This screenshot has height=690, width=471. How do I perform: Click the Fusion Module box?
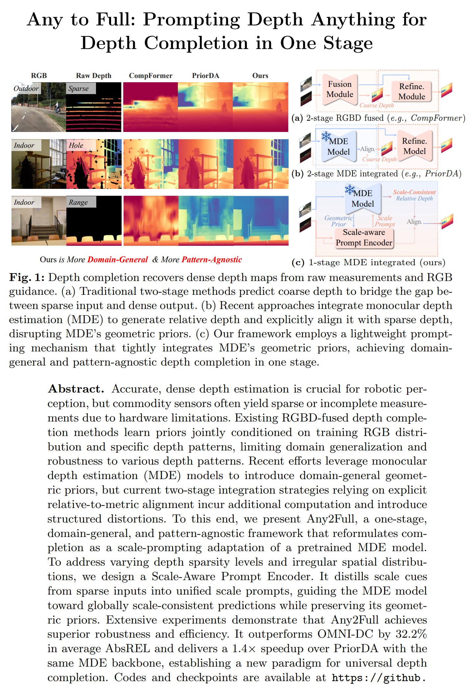(x=340, y=89)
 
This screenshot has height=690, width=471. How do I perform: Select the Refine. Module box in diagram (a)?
(x=412, y=91)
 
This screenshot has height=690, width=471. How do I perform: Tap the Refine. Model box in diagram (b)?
(x=414, y=146)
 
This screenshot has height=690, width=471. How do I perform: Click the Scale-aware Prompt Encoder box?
(x=364, y=238)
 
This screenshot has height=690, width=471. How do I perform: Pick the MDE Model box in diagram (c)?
(x=363, y=198)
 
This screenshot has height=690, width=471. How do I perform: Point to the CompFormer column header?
(x=151, y=76)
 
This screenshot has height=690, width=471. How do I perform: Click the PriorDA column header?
(x=205, y=76)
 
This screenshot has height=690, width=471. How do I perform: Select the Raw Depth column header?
(x=94, y=76)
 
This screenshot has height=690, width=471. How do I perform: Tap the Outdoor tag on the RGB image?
(x=26, y=89)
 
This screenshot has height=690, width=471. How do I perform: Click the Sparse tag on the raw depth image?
(x=79, y=89)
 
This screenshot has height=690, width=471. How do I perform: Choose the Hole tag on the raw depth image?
(x=76, y=145)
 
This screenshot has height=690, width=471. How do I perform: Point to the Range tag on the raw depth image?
(x=78, y=202)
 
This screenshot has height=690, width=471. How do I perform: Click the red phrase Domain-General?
(x=117, y=260)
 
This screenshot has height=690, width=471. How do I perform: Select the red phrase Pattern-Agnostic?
(x=212, y=260)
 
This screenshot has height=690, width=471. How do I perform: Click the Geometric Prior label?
(x=338, y=221)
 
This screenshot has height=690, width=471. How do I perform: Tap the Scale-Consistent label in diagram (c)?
(x=414, y=192)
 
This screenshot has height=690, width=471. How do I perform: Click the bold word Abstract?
(x=76, y=389)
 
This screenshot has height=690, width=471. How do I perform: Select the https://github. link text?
(x=379, y=678)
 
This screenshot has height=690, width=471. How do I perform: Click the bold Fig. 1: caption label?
(x=27, y=277)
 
